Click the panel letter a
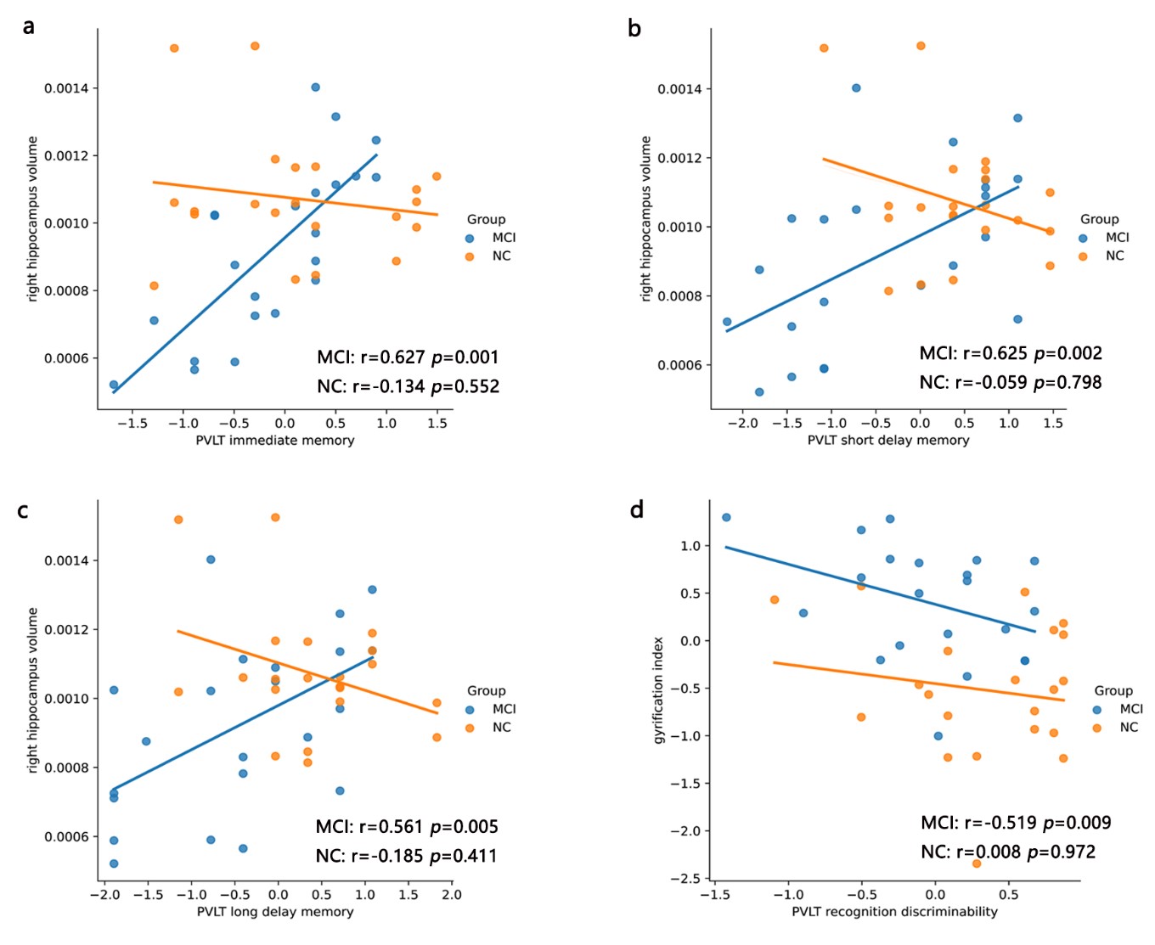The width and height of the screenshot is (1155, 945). (x=29, y=26)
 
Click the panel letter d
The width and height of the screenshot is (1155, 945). (x=636, y=509)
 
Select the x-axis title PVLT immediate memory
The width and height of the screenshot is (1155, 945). (x=275, y=440)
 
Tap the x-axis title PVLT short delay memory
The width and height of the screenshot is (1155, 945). (x=888, y=440)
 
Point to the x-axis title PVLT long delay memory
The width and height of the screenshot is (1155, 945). (x=275, y=912)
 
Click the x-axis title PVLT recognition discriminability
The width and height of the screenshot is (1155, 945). (x=894, y=912)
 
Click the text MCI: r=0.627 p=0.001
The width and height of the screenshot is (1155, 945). (x=408, y=357)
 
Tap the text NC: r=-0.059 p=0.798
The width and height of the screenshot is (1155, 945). (x=1010, y=383)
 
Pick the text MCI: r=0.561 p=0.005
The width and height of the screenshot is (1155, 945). (x=407, y=827)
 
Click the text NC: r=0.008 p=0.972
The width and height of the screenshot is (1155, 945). (x=1008, y=852)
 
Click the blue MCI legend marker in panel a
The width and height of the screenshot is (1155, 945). (x=470, y=239)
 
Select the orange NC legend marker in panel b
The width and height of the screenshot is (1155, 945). (x=1083, y=256)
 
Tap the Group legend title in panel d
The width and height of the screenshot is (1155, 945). (x=1113, y=690)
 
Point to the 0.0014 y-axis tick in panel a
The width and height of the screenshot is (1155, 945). (x=71, y=88)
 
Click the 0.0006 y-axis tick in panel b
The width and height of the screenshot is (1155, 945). (x=685, y=366)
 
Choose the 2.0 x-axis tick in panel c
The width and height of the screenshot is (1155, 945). (x=452, y=894)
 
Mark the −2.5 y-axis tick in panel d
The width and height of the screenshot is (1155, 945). (x=685, y=879)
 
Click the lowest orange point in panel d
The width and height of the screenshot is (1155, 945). (x=977, y=863)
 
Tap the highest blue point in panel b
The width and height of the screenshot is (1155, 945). (x=856, y=88)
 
